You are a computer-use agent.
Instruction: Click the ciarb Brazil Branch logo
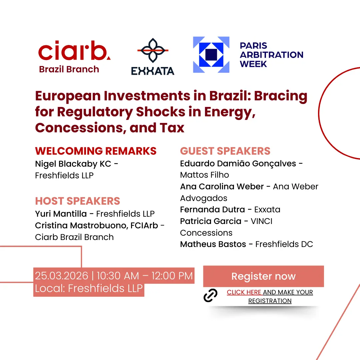coord(74,57)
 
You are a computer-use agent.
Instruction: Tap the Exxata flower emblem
coord(153,50)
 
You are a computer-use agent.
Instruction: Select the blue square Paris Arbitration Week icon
coord(211,55)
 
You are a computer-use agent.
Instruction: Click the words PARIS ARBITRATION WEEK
coord(272,55)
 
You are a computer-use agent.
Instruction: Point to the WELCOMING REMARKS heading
coord(96,151)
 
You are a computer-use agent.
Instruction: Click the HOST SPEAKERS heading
coord(78,201)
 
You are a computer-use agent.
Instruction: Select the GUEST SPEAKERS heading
coord(225,151)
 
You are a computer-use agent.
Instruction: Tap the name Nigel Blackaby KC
coord(73,164)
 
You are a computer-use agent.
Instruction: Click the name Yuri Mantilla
coord(61,214)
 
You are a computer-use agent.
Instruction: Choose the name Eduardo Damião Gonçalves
coord(238,164)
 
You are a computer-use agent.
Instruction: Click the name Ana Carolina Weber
coord(222,186)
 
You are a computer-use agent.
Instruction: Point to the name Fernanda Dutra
coord(213,210)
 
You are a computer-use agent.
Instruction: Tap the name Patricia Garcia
coord(211,221)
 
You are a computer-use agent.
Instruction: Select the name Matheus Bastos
coord(213,244)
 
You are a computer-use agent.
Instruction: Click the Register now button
coord(264,276)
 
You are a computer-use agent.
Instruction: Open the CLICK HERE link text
coord(244,292)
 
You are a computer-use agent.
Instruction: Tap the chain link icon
coord(210,295)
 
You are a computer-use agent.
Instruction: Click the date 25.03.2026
coord(62,276)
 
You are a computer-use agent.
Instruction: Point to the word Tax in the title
coord(172,128)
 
